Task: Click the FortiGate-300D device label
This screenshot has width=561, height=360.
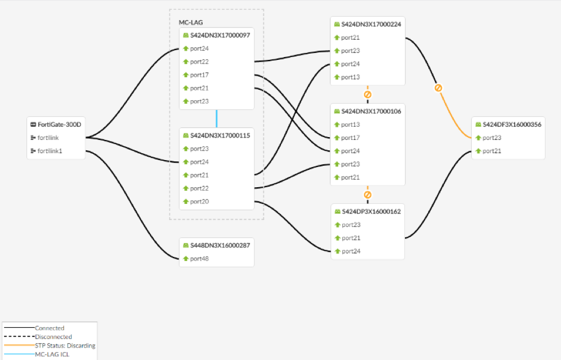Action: point(59,124)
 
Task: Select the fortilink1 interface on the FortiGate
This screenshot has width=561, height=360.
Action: point(50,151)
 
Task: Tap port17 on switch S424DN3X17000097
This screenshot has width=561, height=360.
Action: point(199,75)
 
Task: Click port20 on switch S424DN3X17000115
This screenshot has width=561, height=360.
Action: point(199,202)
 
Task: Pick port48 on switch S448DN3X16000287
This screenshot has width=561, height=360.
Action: point(199,259)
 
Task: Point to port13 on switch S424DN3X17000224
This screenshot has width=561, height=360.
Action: point(350,77)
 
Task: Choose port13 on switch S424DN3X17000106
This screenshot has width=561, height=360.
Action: point(350,124)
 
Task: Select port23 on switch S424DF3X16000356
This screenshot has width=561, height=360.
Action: point(492,138)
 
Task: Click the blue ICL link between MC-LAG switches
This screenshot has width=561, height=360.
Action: point(217,119)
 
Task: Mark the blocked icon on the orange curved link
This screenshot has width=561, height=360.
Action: point(438,88)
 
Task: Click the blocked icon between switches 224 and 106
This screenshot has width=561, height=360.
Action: point(367,94)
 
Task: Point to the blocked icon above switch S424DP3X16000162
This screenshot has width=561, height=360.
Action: point(367,195)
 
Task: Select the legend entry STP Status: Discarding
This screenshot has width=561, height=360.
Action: point(65,346)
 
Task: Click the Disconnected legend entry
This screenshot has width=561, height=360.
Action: point(53,337)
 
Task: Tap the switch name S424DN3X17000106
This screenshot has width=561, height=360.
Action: point(371,111)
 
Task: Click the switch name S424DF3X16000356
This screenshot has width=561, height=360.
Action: point(512,124)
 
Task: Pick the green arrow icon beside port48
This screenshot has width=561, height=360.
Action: point(186,259)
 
